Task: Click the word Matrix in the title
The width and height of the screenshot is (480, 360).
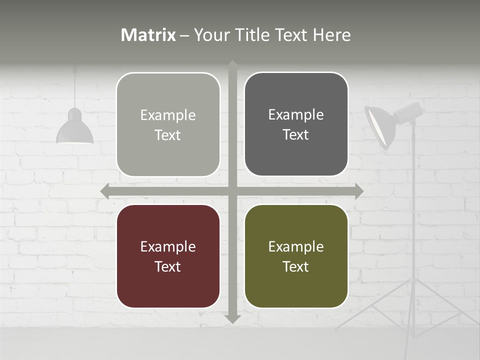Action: [x=148, y=35]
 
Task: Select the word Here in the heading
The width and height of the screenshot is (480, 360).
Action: [x=332, y=35]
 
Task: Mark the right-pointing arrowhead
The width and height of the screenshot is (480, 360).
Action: [x=358, y=191]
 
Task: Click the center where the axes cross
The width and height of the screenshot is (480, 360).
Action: [x=232, y=191]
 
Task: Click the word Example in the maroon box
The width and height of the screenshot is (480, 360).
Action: [x=168, y=246]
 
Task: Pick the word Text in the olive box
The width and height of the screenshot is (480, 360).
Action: [x=296, y=266]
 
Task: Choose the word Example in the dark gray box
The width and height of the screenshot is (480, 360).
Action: [x=296, y=114]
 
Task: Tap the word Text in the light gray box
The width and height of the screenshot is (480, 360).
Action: [x=168, y=135]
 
